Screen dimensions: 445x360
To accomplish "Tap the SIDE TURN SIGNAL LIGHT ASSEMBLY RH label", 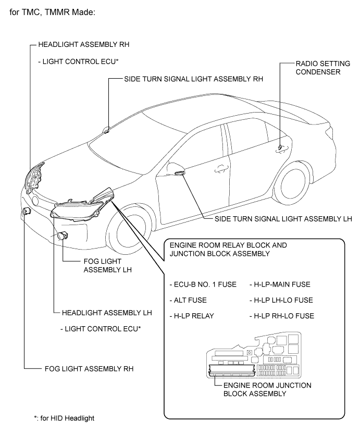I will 193,80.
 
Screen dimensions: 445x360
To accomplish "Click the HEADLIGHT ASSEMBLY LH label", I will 106,313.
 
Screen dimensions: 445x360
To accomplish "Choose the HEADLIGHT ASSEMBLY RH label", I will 88,45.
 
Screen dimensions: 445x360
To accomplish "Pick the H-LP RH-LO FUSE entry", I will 282,316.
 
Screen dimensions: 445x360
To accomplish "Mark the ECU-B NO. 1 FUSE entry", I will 203,284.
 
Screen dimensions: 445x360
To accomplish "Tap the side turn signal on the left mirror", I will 179,172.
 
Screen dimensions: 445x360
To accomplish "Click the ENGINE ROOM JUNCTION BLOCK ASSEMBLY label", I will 267,389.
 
